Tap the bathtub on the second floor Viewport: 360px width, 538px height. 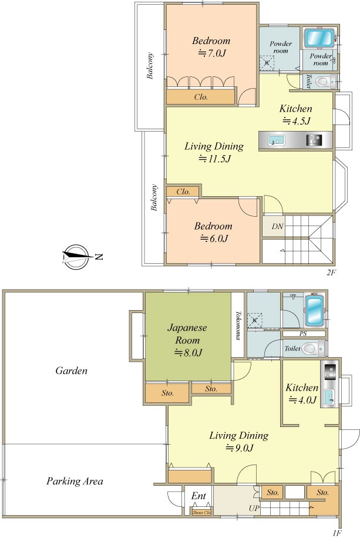(319, 38)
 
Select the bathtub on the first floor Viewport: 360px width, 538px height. (314, 311)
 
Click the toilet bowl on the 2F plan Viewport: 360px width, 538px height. (322, 82)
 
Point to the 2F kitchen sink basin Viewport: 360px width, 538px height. (277, 140)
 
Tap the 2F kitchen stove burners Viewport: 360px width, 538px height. (314, 140)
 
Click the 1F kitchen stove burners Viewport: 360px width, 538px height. (330, 371)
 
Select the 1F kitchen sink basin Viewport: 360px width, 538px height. (330, 397)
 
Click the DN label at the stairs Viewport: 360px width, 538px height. (277, 227)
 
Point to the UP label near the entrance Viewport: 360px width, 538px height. (254, 508)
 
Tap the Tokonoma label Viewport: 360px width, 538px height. (237, 325)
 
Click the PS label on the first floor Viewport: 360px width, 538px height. (303, 334)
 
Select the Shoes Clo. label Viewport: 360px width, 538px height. (201, 512)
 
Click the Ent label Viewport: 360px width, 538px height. (198, 496)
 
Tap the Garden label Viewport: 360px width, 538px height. (72, 371)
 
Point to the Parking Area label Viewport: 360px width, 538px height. (75, 481)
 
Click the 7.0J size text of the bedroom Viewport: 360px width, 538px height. (212, 53)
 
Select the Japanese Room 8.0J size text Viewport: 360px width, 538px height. (189, 352)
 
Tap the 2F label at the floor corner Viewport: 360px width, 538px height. (331, 273)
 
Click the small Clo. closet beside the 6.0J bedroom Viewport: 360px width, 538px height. (183, 191)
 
